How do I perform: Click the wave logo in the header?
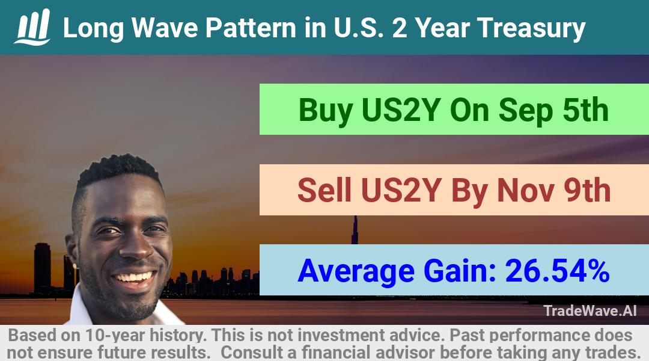click(32, 27)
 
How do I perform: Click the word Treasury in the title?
click(531, 28)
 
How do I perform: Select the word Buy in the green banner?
click(325, 111)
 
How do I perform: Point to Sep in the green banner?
click(526, 111)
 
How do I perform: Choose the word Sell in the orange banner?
click(324, 191)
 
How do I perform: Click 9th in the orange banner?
click(587, 190)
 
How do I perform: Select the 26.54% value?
click(557, 271)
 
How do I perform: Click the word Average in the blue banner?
click(356, 271)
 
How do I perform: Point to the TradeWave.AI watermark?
click(590, 311)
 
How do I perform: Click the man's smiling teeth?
click(133, 277)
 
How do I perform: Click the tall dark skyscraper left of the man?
click(42, 268)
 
